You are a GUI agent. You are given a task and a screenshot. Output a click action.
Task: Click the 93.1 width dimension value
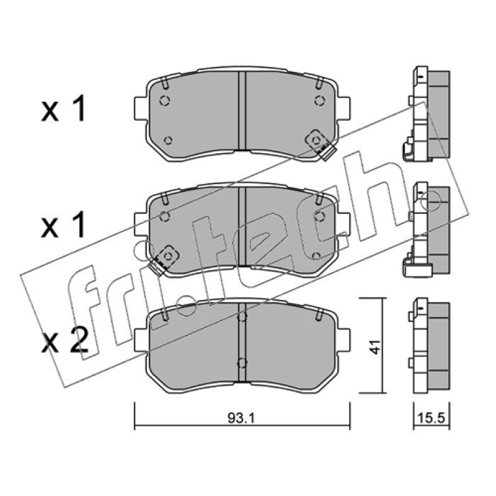241,418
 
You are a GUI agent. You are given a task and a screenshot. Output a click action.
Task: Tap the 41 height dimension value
376,347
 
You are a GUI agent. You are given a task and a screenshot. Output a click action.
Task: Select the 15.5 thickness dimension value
432,418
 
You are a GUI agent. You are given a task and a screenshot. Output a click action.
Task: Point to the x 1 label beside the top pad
63,110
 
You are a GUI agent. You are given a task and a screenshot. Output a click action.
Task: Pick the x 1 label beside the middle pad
63,225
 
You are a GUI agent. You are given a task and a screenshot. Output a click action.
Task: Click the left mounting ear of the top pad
141,108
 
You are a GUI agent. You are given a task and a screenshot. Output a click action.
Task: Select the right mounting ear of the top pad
344,108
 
